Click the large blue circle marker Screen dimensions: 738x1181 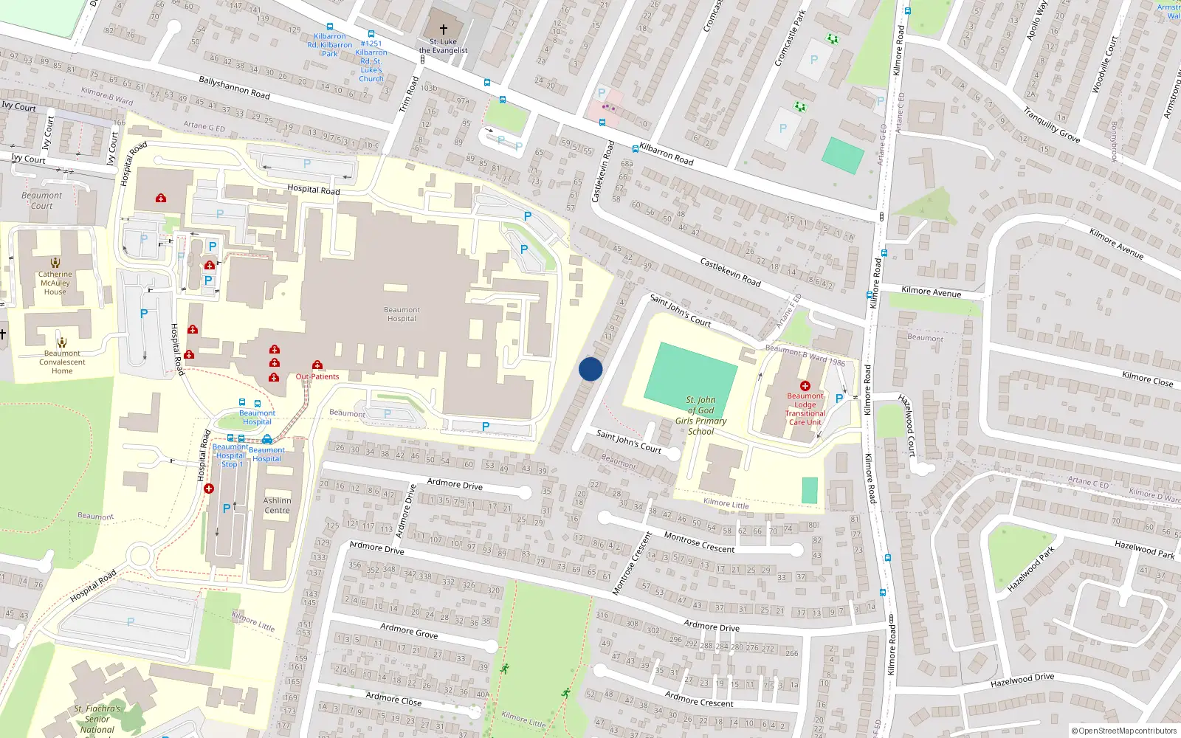click(x=590, y=369)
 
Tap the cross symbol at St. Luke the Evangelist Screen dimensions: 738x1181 click(x=444, y=29)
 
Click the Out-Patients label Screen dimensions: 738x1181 click(x=317, y=376)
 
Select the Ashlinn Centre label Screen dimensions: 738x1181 click(x=277, y=506)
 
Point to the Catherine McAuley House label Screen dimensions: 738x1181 click(x=55, y=283)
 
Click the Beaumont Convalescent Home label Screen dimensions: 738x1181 click(x=62, y=362)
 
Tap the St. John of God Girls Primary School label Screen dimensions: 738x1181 click(x=700, y=415)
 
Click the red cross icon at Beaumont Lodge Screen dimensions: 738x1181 click(x=805, y=386)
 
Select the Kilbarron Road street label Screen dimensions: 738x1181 click(x=666, y=154)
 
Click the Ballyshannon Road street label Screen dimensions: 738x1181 click(x=234, y=88)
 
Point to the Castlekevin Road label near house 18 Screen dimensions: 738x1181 click(x=730, y=272)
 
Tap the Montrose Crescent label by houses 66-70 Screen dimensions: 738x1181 click(x=699, y=542)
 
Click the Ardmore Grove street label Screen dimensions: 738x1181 click(x=409, y=630)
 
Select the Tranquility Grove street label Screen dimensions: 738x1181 click(x=1051, y=125)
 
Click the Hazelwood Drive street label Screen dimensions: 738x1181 click(x=1022, y=680)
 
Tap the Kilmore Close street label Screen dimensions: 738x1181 click(x=1147, y=379)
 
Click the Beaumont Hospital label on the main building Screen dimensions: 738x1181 click(x=402, y=314)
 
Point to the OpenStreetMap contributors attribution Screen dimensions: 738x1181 click(x=1123, y=731)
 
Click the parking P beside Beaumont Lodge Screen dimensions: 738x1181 click(x=839, y=399)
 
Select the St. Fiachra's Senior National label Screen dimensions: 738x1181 click(x=97, y=719)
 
